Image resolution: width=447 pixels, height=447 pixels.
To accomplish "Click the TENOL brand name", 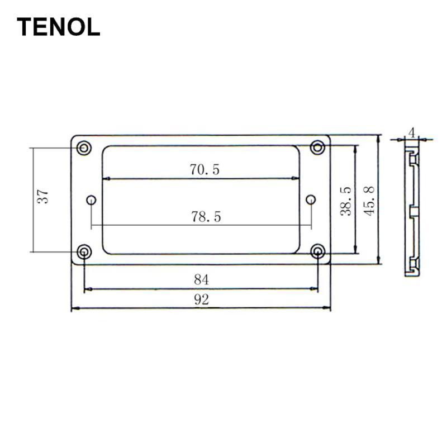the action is [x=59, y=27].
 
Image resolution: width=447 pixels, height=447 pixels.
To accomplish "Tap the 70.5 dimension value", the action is [x=205, y=170].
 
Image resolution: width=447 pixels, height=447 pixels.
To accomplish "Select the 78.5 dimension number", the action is [x=206, y=217].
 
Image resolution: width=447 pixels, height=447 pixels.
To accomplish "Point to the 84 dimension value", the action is [x=201, y=280].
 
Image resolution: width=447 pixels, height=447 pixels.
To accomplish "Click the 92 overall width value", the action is [x=202, y=299].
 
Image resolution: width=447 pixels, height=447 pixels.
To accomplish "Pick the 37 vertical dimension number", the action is [x=43, y=196].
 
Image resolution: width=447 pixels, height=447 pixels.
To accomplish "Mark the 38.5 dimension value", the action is [x=346, y=201].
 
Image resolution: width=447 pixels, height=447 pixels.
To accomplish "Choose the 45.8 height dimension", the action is [x=369, y=201].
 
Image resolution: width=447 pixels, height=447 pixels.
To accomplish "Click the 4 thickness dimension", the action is [x=412, y=132].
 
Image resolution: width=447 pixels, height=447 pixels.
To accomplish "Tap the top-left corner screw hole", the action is [x=84, y=148].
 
